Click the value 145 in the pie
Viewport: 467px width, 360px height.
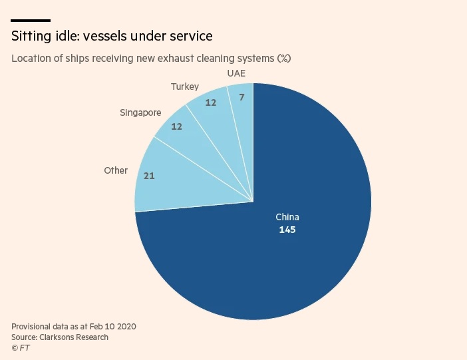point(287,230)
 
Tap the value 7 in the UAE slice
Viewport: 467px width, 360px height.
point(241,98)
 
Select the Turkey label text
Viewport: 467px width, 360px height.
point(184,87)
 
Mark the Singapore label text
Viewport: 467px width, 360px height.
point(140,112)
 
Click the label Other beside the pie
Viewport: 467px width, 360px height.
point(116,170)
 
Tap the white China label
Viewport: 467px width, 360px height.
point(287,217)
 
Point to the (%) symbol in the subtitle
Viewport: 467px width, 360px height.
point(284,59)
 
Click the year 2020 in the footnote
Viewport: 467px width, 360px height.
point(125,327)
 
